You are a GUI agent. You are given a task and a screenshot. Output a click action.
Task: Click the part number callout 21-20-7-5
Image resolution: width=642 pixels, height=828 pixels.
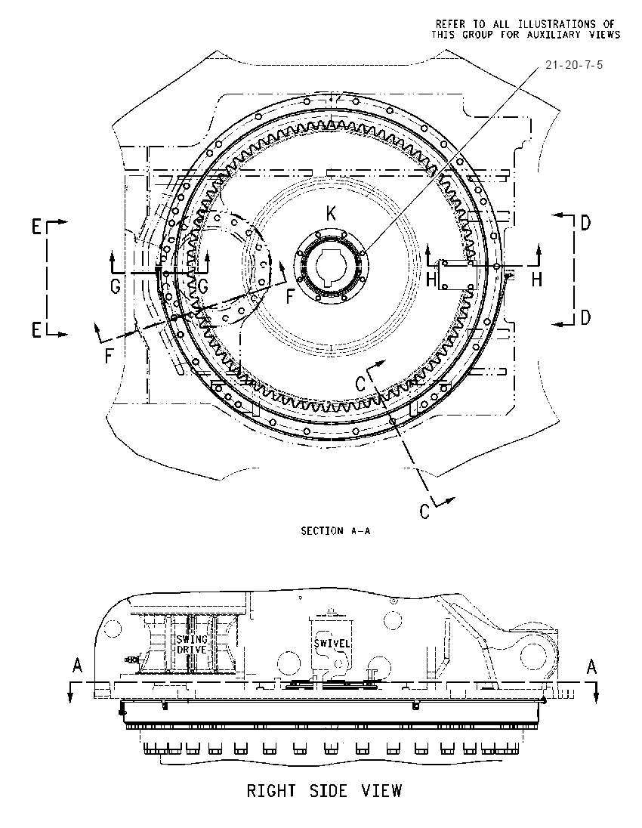pos(574,65)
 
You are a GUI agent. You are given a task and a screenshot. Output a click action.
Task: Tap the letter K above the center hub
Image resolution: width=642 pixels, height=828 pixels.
pos(331,213)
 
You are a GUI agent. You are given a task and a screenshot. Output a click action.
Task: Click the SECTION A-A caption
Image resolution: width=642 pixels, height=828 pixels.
pos(336,530)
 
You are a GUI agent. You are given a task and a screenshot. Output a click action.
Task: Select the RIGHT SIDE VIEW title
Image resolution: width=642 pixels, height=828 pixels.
pos(325,790)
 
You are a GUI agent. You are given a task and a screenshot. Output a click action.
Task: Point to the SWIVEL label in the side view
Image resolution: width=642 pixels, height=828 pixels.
pos(332,643)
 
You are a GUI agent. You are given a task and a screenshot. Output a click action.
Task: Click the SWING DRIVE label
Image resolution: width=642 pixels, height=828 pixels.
pos(192,644)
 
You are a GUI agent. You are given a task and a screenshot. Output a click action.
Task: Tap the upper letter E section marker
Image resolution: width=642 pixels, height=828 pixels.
pos(36,227)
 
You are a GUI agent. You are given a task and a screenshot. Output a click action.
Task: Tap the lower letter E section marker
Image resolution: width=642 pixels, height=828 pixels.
pos(36,331)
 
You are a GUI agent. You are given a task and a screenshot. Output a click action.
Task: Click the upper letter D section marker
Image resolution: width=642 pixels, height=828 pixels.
pos(585,224)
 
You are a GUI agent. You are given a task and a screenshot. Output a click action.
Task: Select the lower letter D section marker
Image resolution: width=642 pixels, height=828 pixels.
pos(585,318)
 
